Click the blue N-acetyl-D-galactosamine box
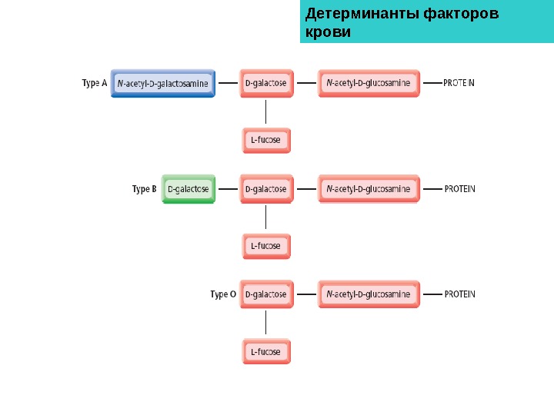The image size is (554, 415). coord(163,83)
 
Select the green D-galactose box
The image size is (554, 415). coord(189,188)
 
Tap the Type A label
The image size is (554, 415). coord(94,83)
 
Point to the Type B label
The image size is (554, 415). coord(144,188)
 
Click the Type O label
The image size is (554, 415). coord(222,294)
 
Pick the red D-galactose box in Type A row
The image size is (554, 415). coord(266,83)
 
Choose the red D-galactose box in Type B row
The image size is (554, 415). coord(266,188)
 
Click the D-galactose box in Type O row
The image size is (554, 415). coord(266,294)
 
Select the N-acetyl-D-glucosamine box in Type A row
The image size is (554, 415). coord(369,83)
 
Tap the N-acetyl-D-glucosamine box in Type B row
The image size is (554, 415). coord(369,188)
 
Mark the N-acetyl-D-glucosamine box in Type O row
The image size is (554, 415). coord(369,294)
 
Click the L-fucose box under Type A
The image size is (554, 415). coord(266,141)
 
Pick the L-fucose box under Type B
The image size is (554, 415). coord(266,246)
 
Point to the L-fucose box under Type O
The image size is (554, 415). coord(266,351)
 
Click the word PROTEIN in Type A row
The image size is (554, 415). coord(459,83)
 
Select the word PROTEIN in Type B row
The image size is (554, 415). coord(459,188)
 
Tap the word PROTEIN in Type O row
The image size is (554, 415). coord(459,294)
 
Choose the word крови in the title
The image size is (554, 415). coord(328,32)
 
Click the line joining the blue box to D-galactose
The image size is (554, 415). coord(228,82)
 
